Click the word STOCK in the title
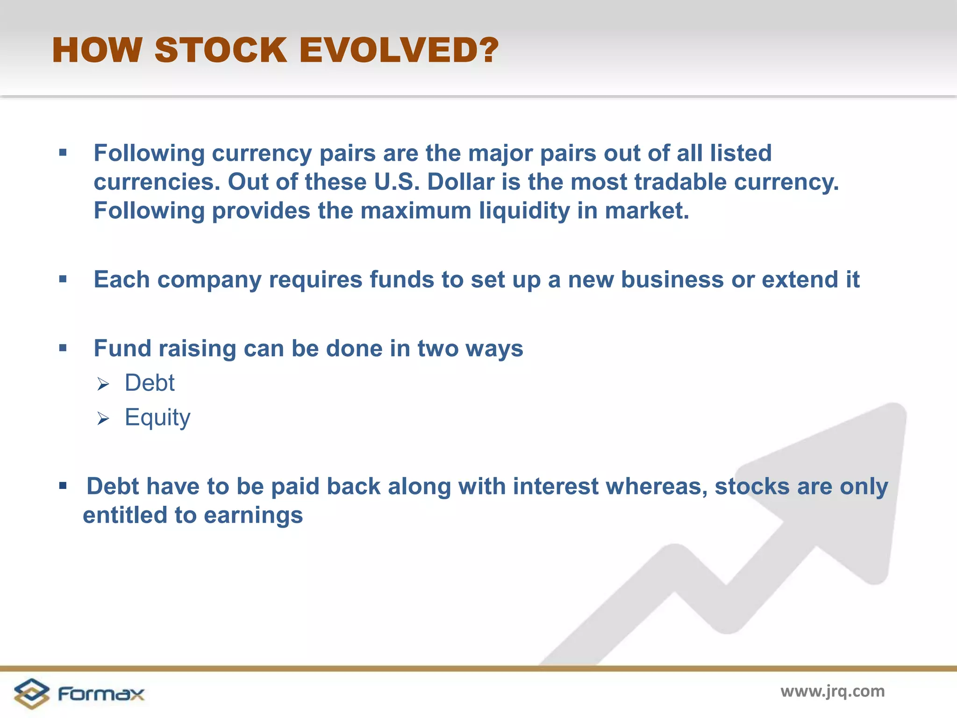tap(221, 50)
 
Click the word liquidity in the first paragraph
tap(524, 211)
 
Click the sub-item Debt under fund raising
tap(150, 383)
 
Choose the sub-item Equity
tap(157, 417)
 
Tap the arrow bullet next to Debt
tap(103, 385)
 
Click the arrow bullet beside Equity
tap(103, 419)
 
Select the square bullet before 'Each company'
tap(63, 280)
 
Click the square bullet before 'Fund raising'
tap(63, 348)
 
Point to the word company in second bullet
tap(209, 280)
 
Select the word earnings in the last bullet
tap(253, 516)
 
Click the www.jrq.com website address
tap(832, 691)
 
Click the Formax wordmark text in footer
tap(101, 694)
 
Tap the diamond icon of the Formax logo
tap(31, 694)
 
